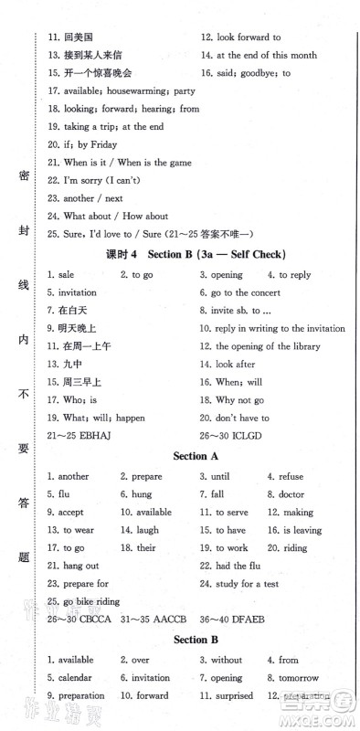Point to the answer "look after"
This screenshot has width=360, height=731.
(238, 364)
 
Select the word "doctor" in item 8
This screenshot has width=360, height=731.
(291, 493)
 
